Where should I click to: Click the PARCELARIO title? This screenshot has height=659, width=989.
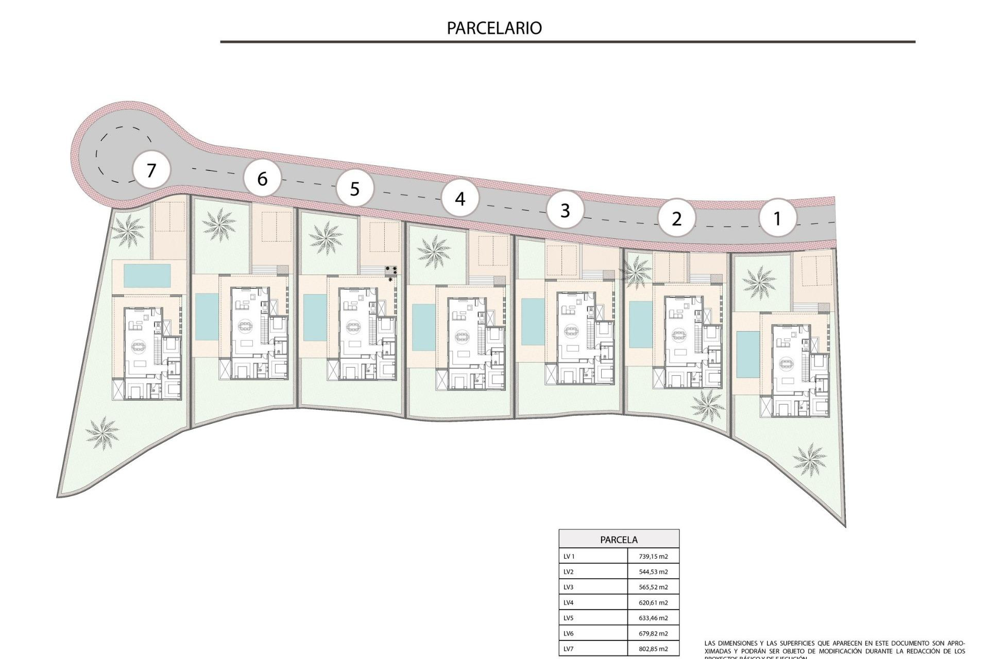[x=494, y=28]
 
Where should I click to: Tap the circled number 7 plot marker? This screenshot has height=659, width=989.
[x=151, y=170]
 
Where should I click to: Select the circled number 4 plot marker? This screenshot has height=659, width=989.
[x=460, y=198]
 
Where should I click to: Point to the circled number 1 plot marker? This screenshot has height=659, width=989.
[x=777, y=218]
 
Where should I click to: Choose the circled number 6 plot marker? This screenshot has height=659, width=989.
[x=262, y=179]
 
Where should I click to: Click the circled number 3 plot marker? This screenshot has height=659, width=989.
[x=565, y=210]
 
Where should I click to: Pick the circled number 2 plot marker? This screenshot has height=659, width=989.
[x=677, y=218]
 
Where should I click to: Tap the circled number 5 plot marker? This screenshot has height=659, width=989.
[x=354, y=188]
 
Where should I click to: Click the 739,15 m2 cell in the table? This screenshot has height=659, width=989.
[x=652, y=556]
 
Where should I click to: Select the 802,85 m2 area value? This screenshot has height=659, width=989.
[x=652, y=649]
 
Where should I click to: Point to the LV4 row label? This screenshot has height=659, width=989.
[x=569, y=602]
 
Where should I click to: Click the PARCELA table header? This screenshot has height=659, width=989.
[x=619, y=540]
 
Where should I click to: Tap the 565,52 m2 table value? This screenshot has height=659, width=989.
[x=652, y=587]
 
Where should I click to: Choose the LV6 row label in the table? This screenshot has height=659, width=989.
[x=569, y=633]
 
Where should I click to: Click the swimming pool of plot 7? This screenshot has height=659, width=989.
[x=147, y=276]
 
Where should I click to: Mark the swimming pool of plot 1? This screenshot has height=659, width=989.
[x=744, y=354]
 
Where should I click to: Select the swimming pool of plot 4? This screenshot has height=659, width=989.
[x=423, y=327]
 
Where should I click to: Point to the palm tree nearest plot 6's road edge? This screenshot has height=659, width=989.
[x=219, y=224]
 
